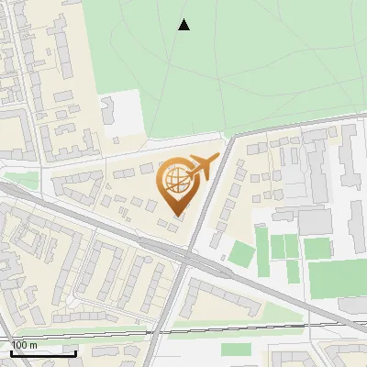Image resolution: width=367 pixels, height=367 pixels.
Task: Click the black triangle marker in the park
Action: click(x=184, y=25)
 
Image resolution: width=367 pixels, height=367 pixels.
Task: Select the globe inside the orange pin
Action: click(x=175, y=180)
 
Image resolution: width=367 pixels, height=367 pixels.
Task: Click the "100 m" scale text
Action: click(x=25, y=344)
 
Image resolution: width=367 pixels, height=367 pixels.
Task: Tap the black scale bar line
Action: click(x=43, y=352)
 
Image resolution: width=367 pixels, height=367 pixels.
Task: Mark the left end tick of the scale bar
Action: click(x=11, y=350)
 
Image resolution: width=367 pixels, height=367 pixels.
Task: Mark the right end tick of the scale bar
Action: click(x=75, y=350)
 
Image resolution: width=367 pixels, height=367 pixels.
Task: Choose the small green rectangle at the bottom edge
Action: click(x=236, y=349)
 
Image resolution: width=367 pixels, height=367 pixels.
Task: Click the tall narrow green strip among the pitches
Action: click(x=261, y=242)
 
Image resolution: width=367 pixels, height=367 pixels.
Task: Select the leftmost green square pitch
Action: click(x=239, y=253)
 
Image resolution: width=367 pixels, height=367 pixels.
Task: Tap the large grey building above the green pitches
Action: click(x=315, y=220)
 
